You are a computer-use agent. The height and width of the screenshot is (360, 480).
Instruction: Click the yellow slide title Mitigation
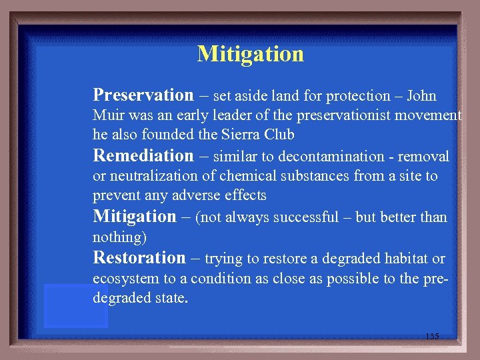pos(250,54)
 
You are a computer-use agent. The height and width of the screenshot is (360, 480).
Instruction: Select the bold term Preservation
pos(143,95)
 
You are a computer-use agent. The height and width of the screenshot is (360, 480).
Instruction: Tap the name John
pos(421,96)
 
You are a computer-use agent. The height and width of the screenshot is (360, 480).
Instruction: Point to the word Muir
pos(107,115)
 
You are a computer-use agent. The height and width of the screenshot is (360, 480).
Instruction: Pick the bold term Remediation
pos(143,156)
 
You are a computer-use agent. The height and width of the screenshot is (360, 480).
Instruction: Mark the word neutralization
pos(147,176)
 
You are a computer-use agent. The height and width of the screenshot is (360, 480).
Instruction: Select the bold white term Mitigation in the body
pos(134,217)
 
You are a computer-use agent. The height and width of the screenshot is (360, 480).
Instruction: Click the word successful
pos(307,218)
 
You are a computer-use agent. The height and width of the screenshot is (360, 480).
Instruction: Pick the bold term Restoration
pos(139,257)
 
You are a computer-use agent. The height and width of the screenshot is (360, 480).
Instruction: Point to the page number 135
pos(432,337)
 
